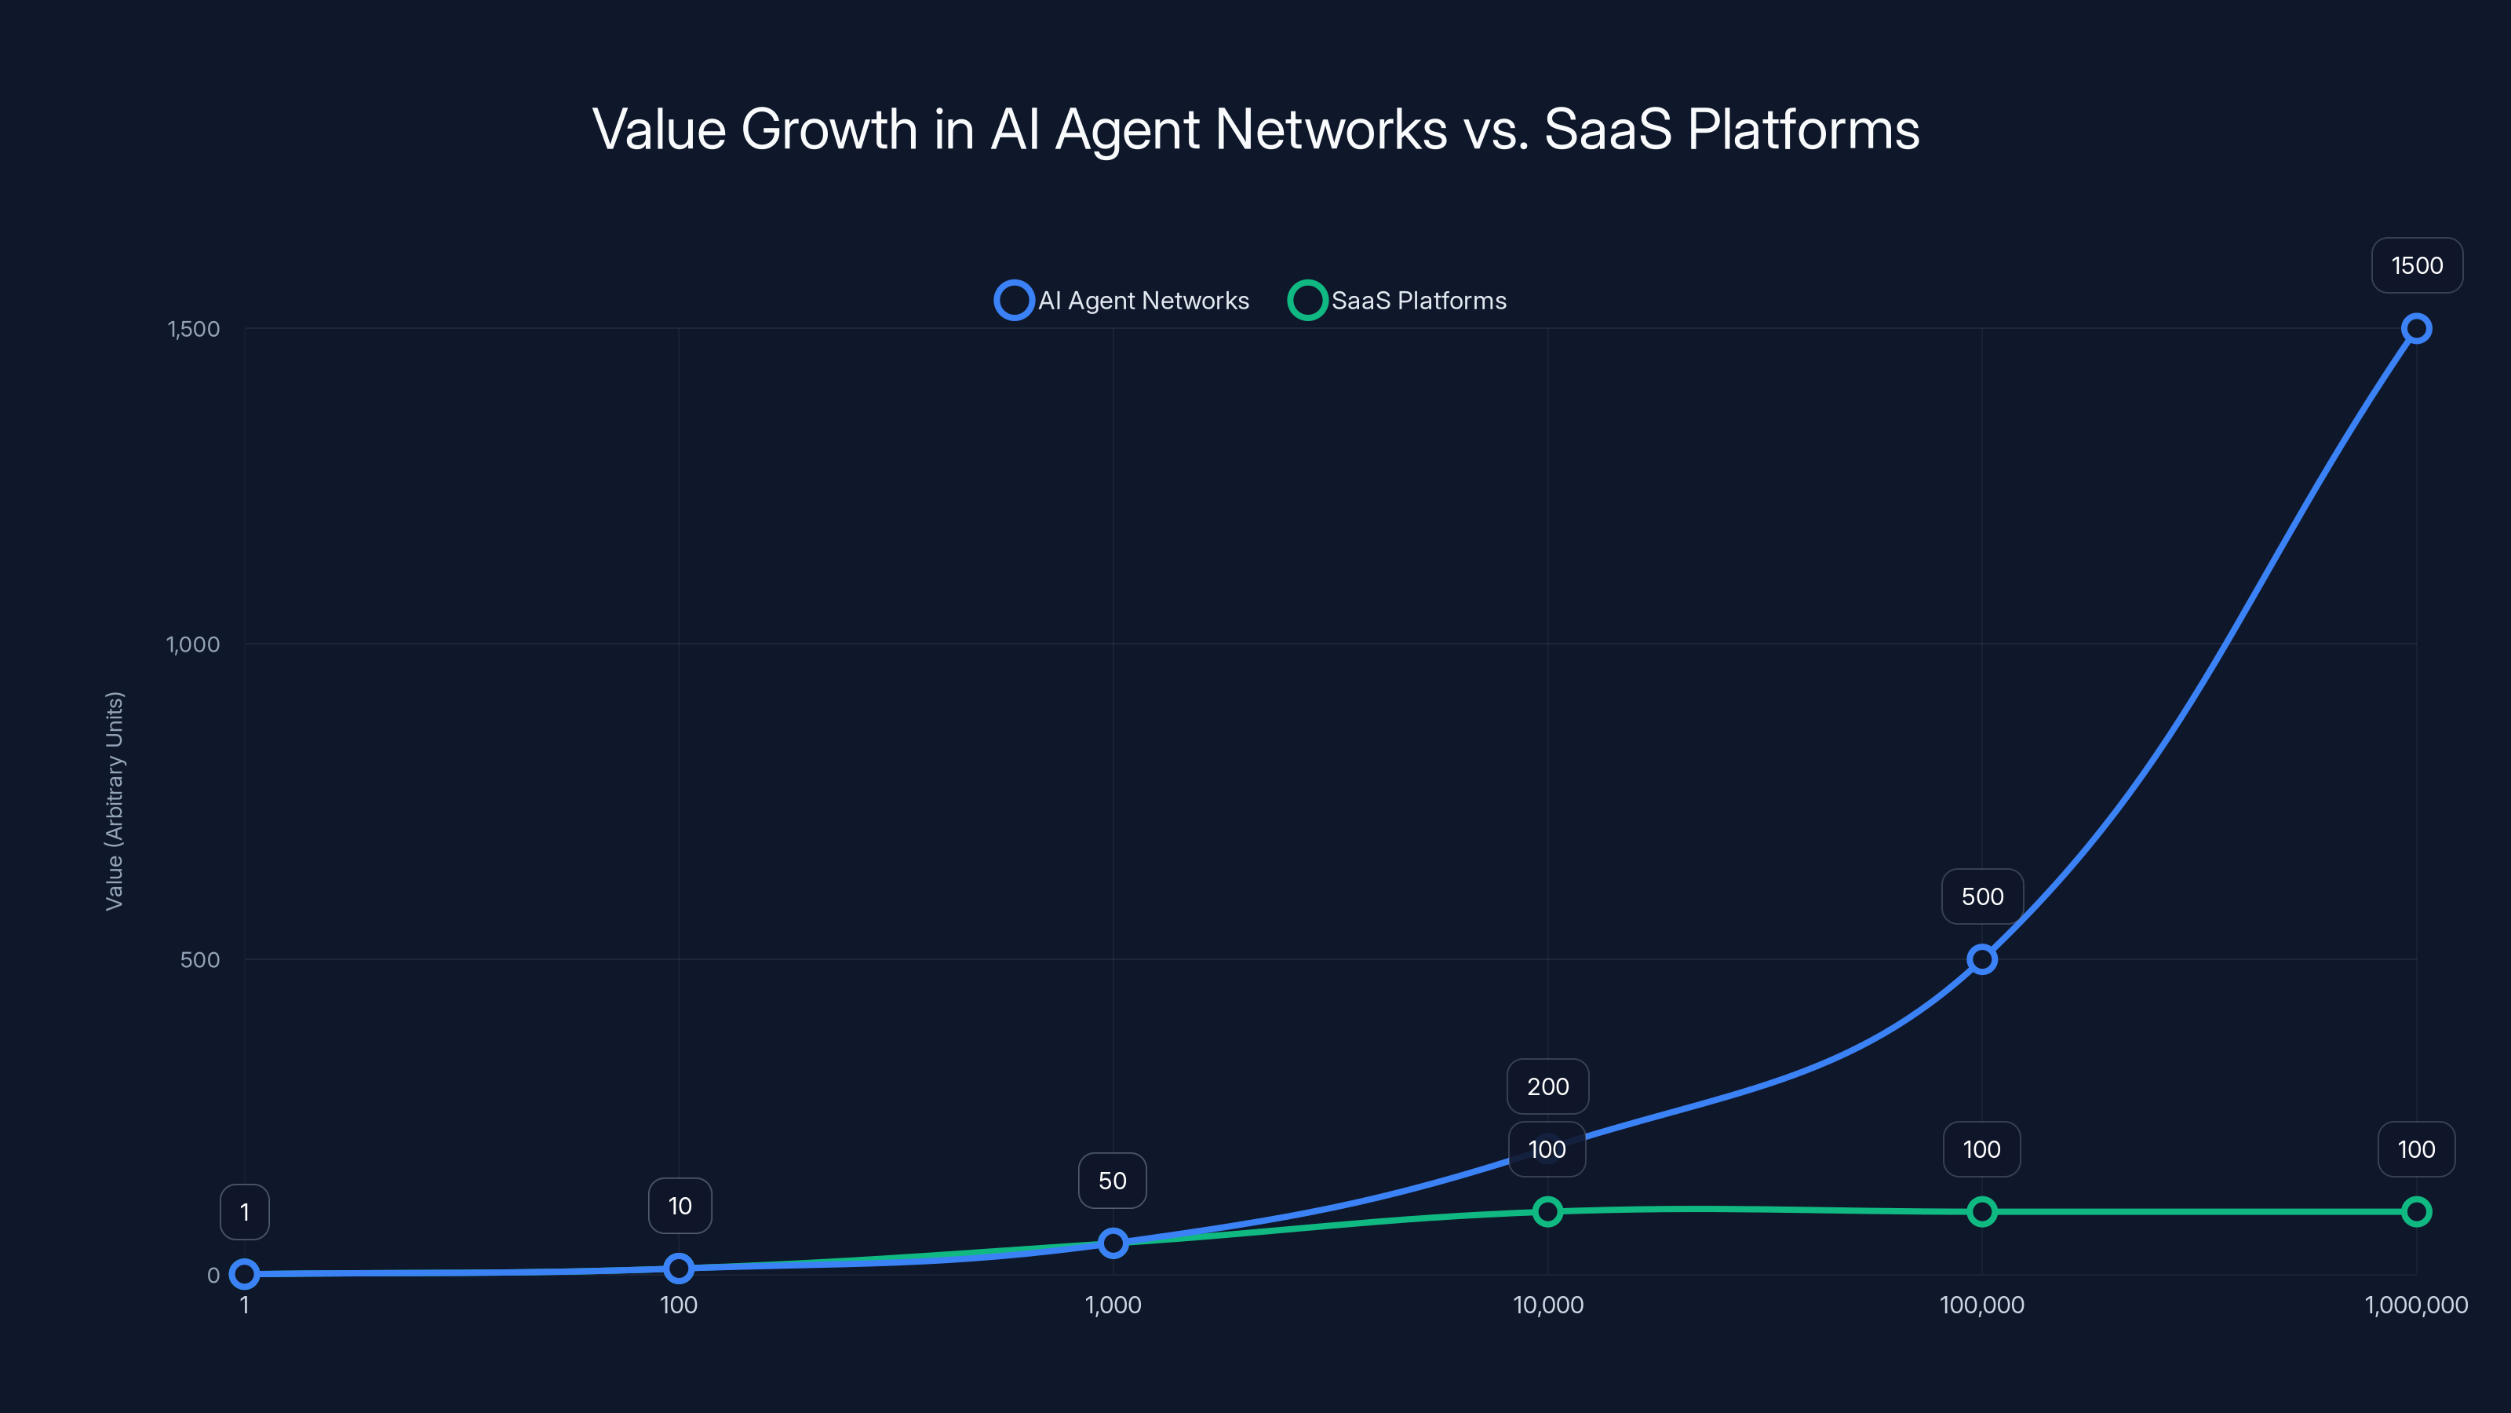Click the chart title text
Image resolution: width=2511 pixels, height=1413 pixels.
(x=1255, y=129)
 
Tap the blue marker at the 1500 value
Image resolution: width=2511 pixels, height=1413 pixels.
(x=2415, y=329)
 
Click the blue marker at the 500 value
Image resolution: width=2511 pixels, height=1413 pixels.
(x=1981, y=959)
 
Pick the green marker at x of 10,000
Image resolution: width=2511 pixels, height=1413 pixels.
(x=1547, y=1212)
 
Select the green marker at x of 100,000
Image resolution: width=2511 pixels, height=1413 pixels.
(x=1981, y=1212)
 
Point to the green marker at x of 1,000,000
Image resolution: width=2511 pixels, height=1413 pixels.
(x=2415, y=1212)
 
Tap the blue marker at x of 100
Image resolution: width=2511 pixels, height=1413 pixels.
(x=679, y=1269)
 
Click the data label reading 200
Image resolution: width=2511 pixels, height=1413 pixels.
(x=1547, y=1086)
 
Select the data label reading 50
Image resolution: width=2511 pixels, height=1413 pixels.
(x=1112, y=1181)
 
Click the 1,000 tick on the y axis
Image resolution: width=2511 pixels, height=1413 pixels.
(x=193, y=644)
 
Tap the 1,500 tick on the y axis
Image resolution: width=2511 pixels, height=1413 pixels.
(x=193, y=329)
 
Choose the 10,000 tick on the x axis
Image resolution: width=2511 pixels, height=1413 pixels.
(x=1547, y=1305)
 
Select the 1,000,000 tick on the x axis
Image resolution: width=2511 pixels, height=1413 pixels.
(x=2415, y=1305)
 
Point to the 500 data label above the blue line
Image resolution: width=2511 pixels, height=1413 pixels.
(x=1981, y=896)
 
